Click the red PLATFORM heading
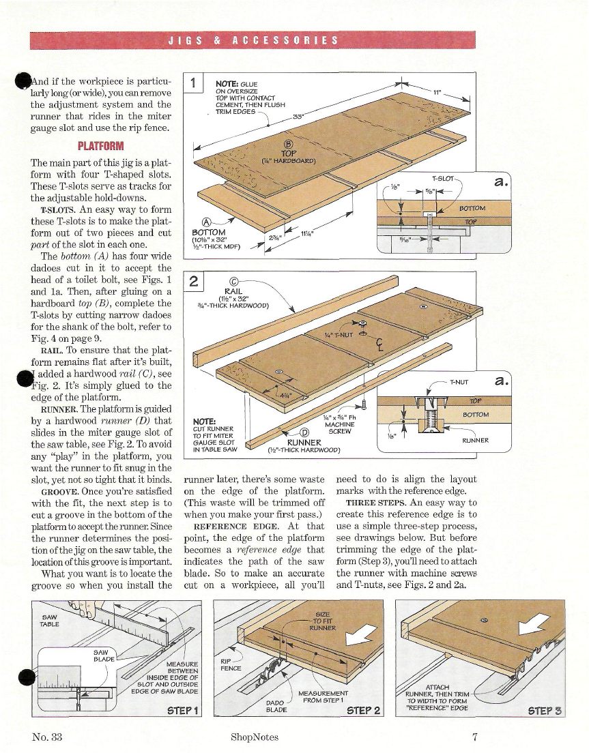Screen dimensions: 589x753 (x=101, y=146)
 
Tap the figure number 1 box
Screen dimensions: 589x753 (x=194, y=83)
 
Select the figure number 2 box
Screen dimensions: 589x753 (x=194, y=282)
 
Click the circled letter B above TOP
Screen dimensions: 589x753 (x=289, y=144)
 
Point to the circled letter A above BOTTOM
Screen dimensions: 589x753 (x=207, y=222)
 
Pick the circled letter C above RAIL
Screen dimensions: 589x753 (x=234, y=282)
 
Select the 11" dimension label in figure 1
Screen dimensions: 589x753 (x=437, y=91)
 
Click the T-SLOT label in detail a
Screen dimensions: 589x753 (x=442, y=179)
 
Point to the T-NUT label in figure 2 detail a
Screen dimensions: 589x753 (x=459, y=382)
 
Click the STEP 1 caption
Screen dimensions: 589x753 (x=182, y=711)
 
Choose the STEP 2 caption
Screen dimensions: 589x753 (x=363, y=711)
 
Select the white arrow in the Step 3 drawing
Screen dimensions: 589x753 (x=534, y=624)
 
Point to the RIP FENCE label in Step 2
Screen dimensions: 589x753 (x=231, y=664)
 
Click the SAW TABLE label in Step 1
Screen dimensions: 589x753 (x=49, y=621)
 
